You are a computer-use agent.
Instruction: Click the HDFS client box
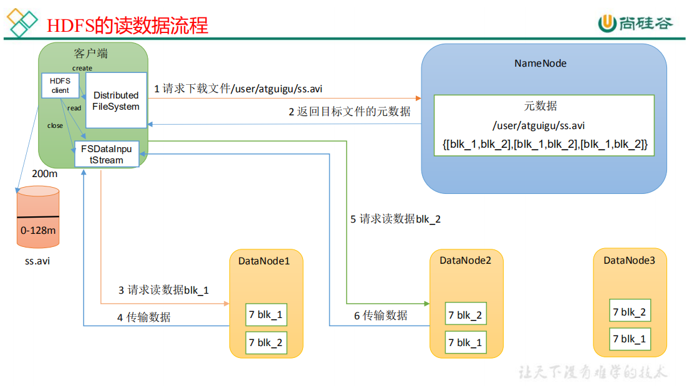click(x=60, y=85)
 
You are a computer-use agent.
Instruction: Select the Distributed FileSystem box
click(x=116, y=100)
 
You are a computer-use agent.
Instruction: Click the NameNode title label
click(x=540, y=64)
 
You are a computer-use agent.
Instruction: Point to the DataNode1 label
click(x=264, y=261)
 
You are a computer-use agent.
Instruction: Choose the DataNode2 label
click(x=465, y=261)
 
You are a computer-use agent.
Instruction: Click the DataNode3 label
click(x=629, y=261)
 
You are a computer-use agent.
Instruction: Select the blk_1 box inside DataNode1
click(x=266, y=315)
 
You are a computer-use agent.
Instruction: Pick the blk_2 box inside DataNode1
click(x=266, y=342)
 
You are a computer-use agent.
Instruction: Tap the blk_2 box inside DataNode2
click(x=465, y=315)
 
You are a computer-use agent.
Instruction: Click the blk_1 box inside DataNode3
click(x=630, y=339)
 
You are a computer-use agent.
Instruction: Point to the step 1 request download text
click(x=238, y=89)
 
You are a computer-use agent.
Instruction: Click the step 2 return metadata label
click(x=349, y=112)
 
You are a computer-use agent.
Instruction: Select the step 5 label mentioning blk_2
click(x=395, y=220)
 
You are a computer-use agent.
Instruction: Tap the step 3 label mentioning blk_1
click(x=163, y=290)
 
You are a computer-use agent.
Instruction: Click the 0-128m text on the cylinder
click(x=38, y=231)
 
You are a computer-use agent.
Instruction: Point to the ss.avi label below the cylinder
click(x=37, y=261)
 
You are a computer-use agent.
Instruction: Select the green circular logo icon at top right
click(x=607, y=23)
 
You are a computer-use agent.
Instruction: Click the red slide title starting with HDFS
click(x=128, y=25)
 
